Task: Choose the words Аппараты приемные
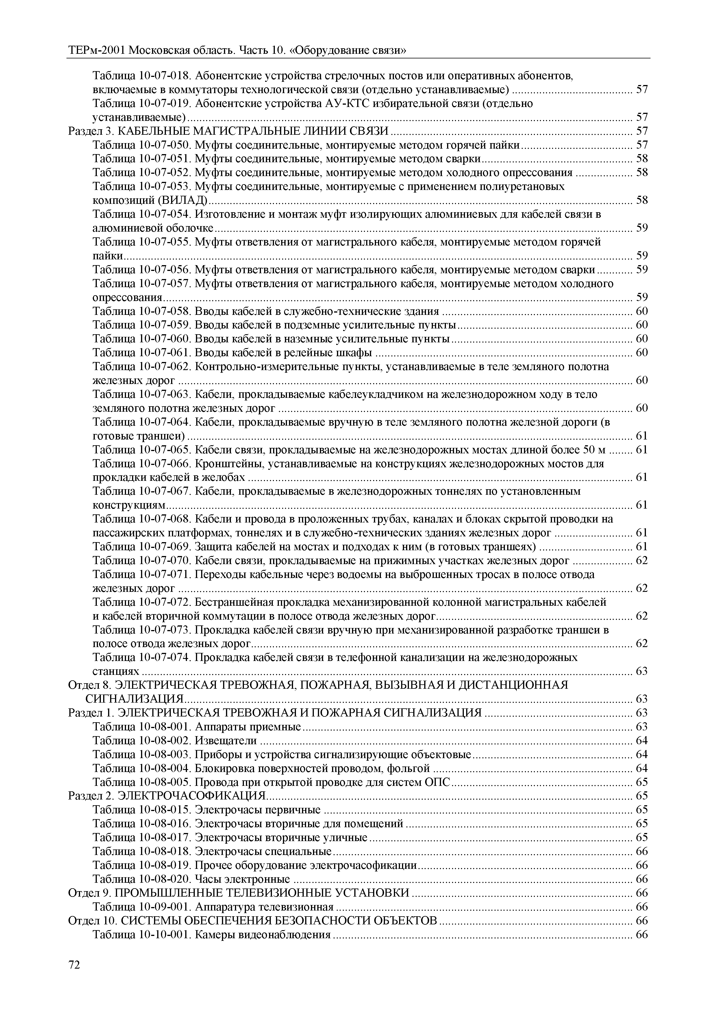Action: pos(248,727)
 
